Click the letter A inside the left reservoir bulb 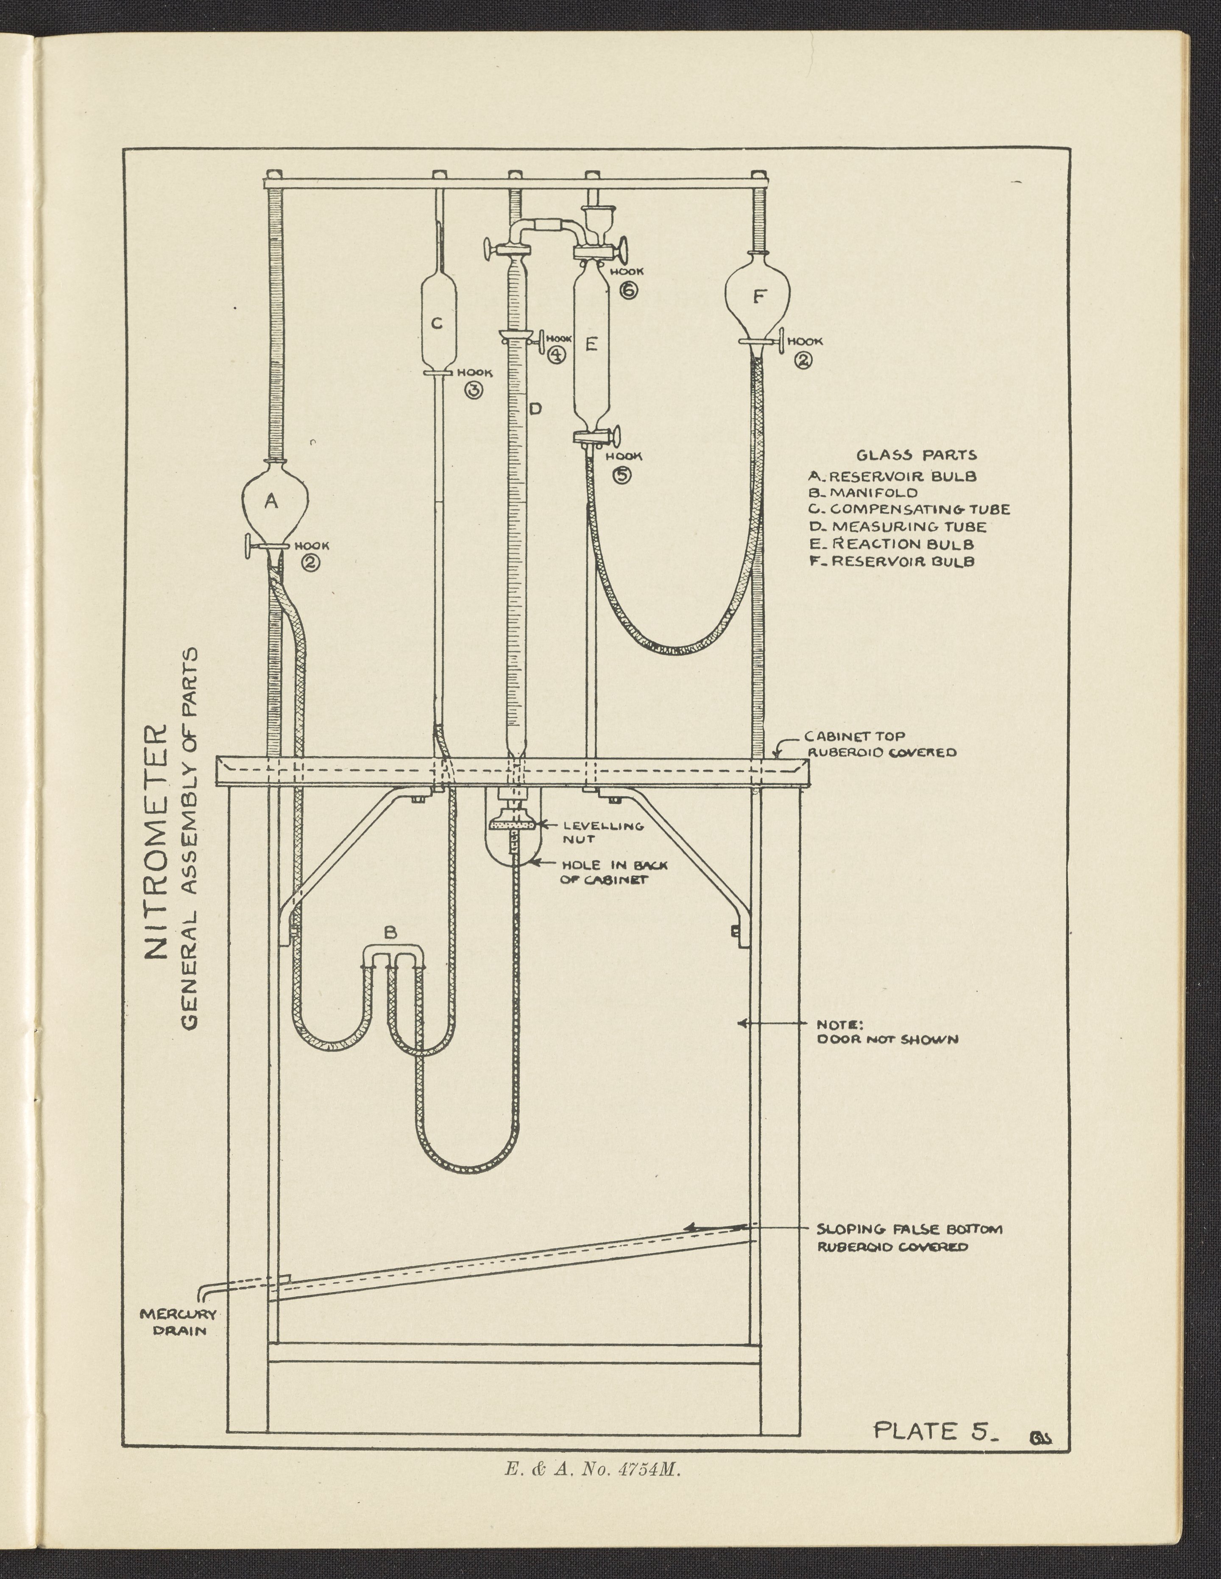tap(271, 501)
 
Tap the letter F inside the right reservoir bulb tap(757, 296)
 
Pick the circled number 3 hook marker tap(474, 391)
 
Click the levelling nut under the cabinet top tap(512, 824)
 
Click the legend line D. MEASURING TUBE tap(897, 527)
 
